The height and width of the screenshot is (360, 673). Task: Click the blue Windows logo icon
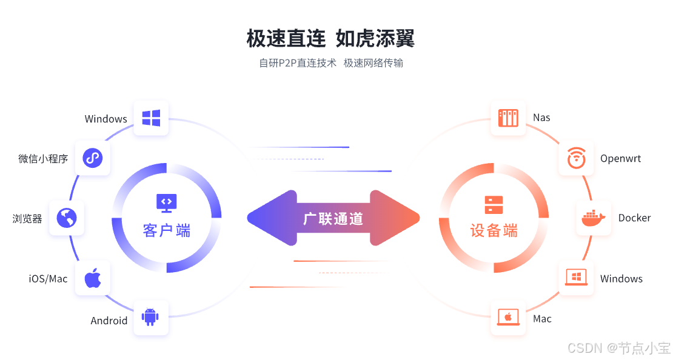[x=151, y=118]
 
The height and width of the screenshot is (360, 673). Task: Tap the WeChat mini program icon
[x=92, y=158]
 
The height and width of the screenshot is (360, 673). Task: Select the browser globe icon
[x=67, y=218]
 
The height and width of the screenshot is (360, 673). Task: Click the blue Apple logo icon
[x=92, y=279]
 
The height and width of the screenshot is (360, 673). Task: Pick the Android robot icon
[x=150, y=317]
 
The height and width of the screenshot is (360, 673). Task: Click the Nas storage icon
[x=508, y=118]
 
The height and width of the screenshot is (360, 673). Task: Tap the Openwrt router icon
[x=576, y=159]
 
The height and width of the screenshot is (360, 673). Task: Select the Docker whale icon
[x=593, y=218]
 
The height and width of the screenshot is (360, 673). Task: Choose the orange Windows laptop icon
[x=576, y=278]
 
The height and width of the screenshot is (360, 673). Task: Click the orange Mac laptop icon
[x=508, y=318]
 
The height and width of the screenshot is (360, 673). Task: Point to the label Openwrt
[x=620, y=159]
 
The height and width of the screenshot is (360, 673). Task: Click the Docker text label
[x=634, y=218]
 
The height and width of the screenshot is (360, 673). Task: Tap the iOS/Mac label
[x=49, y=279]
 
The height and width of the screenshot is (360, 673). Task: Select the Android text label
[x=109, y=321]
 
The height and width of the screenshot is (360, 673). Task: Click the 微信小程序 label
[x=43, y=159]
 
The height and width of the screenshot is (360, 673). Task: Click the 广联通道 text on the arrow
[x=333, y=219]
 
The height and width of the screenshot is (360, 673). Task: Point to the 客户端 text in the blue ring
[x=167, y=230]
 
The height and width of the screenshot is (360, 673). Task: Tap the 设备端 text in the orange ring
[x=494, y=230]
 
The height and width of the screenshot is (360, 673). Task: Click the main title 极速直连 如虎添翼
[x=330, y=39]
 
